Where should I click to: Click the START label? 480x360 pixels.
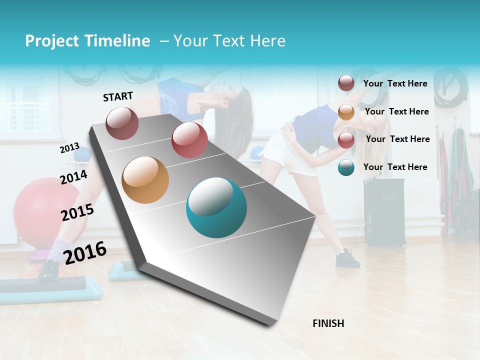click(118, 96)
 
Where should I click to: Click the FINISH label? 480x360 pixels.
click(328, 323)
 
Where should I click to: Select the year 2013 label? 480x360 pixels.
click(69, 148)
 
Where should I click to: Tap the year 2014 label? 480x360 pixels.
click(73, 177)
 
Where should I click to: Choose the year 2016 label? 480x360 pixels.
click(85, 252)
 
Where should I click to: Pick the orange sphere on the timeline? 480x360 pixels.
click(145, 180)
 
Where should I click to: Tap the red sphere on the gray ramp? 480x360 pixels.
click(189, 140)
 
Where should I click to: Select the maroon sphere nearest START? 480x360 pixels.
click(122, 123)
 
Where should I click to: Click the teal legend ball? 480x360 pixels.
click(346, 167)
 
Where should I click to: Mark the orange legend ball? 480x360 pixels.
click(346, 112)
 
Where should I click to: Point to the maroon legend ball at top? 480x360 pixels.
click(346, 83)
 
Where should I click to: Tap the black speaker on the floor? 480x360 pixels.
click(384, 212)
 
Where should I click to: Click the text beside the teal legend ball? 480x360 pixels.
click(395, 167)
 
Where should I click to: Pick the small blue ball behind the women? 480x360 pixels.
click(258, 153)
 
